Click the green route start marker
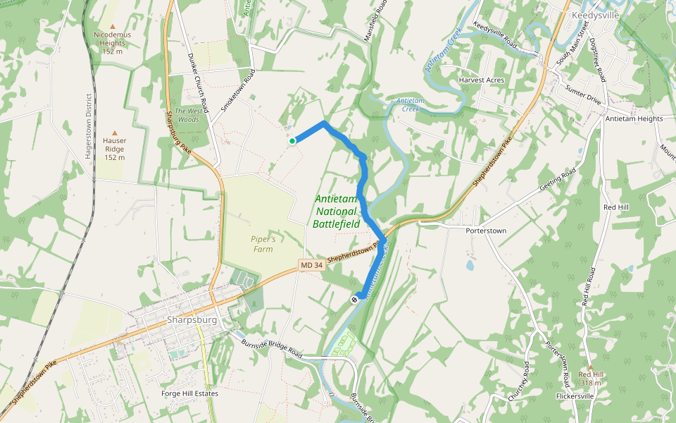(292, 141)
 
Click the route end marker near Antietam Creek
(355, 299)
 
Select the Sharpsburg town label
(191, 319)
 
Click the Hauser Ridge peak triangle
(114, 132)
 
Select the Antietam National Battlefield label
(337, 211)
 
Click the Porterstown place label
(486, 231)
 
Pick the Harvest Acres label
(482, 80)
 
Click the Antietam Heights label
(634, 118)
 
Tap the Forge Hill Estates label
(189, 393)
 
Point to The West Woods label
(188, 116)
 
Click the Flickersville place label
(575, 396)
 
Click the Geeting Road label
(558, 185)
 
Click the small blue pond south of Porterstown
(470, 266)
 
